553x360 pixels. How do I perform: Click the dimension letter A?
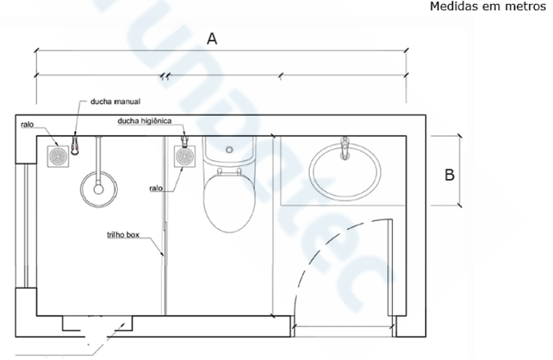click(212, 39)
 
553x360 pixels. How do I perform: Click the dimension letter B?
click(450, 175)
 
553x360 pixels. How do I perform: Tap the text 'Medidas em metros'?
click(487, 6)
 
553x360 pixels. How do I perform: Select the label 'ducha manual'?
click(115, 102)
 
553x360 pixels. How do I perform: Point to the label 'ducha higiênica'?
click(145, 121)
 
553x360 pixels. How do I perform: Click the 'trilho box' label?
click(123, 234)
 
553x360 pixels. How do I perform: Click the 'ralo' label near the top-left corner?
click(27, 125)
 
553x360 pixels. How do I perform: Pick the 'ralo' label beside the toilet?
click(156, 188)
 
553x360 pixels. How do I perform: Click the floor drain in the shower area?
click(58, 156)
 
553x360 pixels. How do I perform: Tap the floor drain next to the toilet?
click(185, 156)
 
